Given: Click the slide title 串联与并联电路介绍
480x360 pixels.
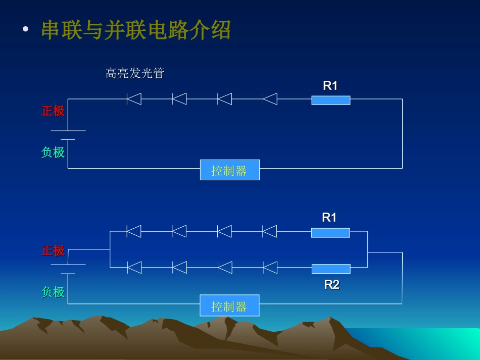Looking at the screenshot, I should tap(136, 31).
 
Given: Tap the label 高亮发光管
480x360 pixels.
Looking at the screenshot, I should tap(135, 74).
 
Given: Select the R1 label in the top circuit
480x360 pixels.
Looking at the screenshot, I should tap(330, 86).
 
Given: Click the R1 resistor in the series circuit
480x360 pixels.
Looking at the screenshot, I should tap(331, 100).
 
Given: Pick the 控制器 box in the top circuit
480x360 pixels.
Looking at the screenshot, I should tap(229, 170).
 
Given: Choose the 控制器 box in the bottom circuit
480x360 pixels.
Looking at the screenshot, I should tap(229, 306).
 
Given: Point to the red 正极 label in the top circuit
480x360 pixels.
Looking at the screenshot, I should tap(53, 111).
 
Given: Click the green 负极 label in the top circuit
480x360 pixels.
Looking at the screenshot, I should tap(53, 152).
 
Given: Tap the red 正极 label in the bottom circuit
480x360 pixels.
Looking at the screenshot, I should tap(53, 250).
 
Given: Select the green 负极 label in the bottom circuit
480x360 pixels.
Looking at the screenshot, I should tap(53, 292).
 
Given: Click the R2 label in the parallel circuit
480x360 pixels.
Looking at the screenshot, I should tap(331, 285).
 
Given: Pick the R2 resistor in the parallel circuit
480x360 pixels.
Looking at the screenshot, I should tap(331, 269).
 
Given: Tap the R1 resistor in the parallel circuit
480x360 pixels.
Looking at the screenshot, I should tap(330, 232).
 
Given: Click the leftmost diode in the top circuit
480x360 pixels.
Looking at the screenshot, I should tap(134, 98).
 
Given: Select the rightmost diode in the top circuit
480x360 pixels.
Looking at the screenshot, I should tap(270, 98).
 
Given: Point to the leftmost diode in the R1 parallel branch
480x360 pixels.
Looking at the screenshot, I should tap(134, 231).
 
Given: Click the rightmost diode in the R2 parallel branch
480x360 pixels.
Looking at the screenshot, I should tap(270, 267).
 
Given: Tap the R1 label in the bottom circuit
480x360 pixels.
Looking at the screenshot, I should tap(329, 218).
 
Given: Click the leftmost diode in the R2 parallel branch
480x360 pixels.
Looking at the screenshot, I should tap(134, 267).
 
